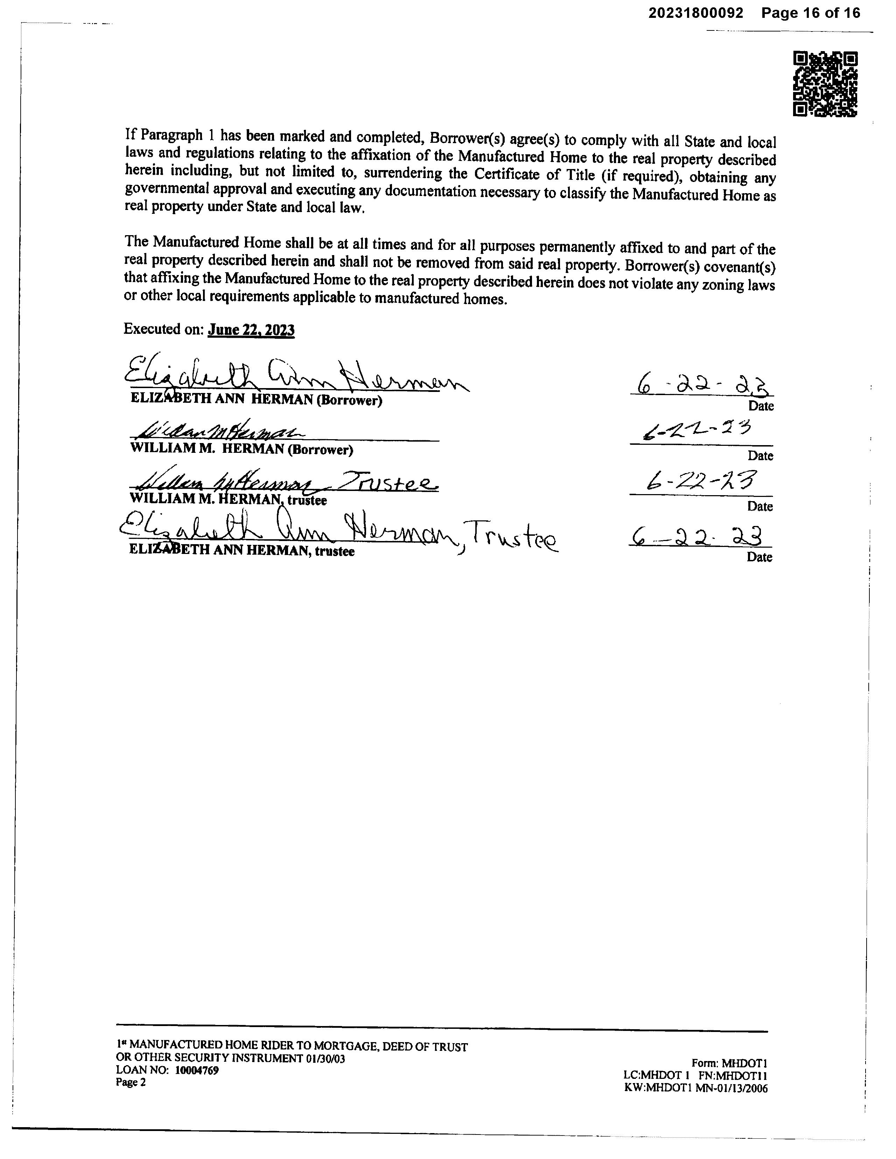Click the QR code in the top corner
pyautogui.click(x=825, y=84)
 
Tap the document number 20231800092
pyautogui.click(x=695, y=13)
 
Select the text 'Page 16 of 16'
pyautogui.click(x=811, y=13)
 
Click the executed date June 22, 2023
pyautogui.click(x=251, y=330)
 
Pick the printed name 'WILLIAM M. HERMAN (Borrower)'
pyautogui.click(x=241, y=449)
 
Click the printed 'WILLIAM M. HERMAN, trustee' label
pyautogui.click(x=228, y=499)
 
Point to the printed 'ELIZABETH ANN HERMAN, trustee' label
pyautogui.click(x=241, y=551)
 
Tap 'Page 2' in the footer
pyautogui.click(x=131, y=1082)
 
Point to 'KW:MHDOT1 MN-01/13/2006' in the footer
pyautogui.click(x=696, y=1088)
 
